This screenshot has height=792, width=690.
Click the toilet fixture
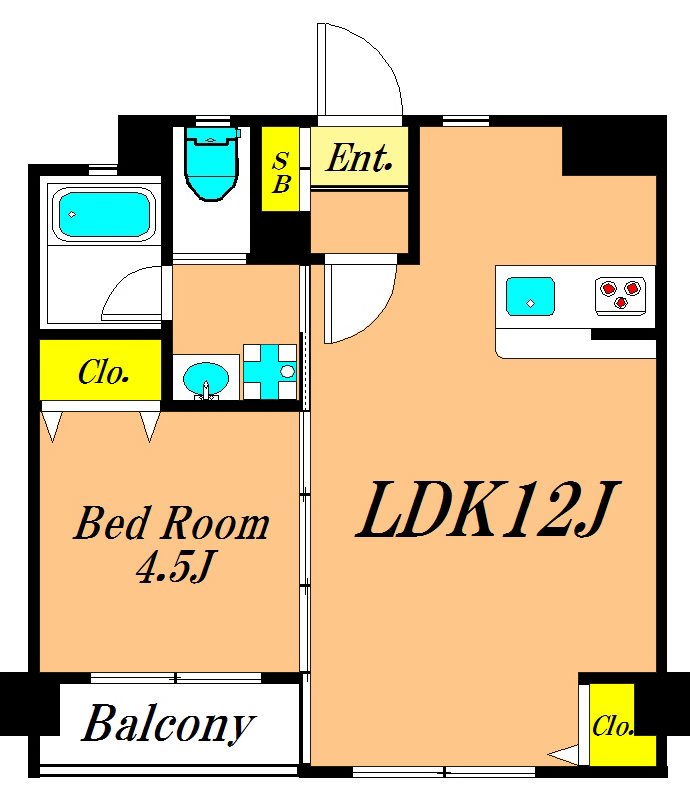[x=212, y=163]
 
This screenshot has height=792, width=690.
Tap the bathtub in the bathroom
[x=104, y=214]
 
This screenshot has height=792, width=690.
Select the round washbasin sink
[x=206, y=378]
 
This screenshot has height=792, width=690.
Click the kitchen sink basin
[x=530, y=296]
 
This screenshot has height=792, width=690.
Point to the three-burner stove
[x=620, y=295]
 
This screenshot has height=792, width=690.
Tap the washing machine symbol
[x=270, y=372]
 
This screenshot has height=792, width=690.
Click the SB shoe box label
[x=281, y=173]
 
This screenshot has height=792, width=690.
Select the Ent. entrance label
[x=359, y=158]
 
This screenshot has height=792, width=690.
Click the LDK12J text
[x=487, y=509]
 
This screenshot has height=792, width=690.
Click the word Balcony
[x=168, y=723]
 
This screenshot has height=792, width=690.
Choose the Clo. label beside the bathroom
[x=103, y=372]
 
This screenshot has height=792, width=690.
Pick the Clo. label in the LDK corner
[x=612, y=727]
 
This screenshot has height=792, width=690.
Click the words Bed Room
[x=172, y=524]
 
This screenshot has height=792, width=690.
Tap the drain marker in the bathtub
[x=72, y=214]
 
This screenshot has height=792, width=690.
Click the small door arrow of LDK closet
[x=563, y=755]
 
